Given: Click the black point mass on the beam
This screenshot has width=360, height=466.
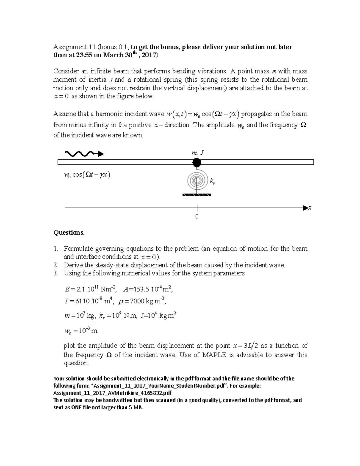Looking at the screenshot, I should click(x=196, y=162).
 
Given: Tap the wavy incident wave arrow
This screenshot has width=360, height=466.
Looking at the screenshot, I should click(x=84, y=154).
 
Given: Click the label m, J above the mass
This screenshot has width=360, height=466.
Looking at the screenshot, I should click(x=197, y=153).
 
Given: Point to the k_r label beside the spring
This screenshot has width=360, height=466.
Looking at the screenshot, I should click(x=212, y=181).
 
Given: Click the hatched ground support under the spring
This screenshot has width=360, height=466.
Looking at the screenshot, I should click(x=197, y=195).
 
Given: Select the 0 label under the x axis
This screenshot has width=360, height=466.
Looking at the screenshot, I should click(x=197, y=216).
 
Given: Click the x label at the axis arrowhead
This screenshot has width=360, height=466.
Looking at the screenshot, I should click(x=310, y=208).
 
